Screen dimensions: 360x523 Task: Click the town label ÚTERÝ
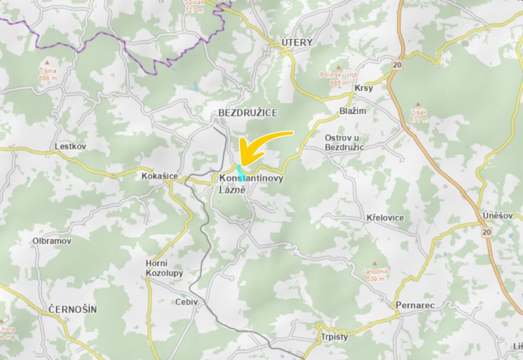[297, 42]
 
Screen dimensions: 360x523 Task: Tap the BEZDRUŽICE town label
[248, 112]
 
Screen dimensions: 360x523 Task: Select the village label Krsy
[364, 88]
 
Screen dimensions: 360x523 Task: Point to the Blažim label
[353, 111]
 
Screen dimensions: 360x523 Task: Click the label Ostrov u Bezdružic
[344, 142]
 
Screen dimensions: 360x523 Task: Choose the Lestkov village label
[70, 146]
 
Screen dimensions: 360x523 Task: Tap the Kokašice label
[159, 176]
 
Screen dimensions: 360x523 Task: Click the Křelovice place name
[385, 218]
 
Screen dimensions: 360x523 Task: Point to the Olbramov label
[52, 241]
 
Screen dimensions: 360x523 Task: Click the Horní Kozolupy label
[158, 268]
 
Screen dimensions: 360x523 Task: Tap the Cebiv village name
[186, 302]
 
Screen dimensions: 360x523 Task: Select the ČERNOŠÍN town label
[72, 310]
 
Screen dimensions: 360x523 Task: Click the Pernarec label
[415, 306]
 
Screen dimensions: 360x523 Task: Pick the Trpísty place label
[335, 337]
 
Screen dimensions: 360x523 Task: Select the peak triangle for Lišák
[418, 104]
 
